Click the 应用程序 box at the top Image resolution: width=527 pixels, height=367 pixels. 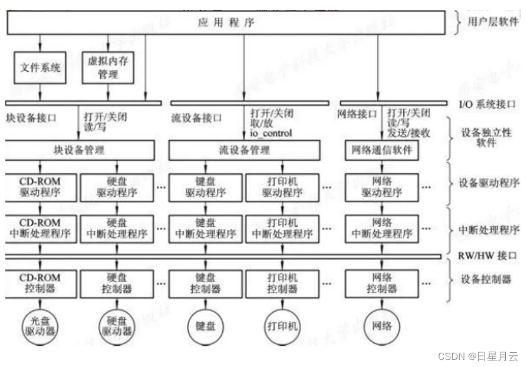tap(226, 23)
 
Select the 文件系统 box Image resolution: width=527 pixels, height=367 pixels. tap(40, 67)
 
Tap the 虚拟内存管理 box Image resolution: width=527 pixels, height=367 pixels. tap(107, 67)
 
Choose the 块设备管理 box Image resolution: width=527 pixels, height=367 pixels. tap(80, 150)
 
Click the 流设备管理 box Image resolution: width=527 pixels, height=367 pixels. tap(244, 150)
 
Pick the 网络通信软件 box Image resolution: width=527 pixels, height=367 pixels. tap(382, 150)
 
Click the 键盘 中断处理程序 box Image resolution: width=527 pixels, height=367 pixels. tap(205, 228)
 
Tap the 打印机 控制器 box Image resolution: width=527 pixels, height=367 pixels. tap(282, 283)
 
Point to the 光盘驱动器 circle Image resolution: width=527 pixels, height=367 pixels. tap(39, 325)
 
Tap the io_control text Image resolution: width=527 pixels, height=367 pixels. tap(271, 134)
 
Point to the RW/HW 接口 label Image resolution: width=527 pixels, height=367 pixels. tap(487, 256)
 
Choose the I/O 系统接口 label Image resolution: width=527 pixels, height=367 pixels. tap(487, 104)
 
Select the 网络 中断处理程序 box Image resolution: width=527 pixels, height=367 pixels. tap(382, 228)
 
